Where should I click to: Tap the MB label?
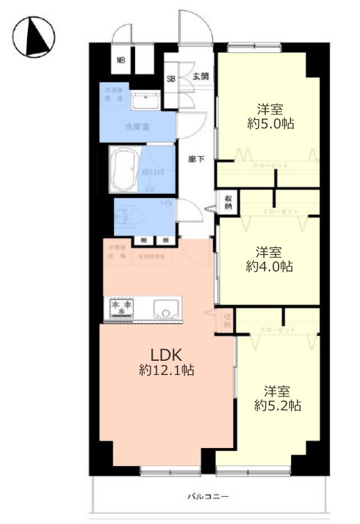(120, 61)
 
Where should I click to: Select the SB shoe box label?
(171, 79)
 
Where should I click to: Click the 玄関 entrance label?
(201, 77)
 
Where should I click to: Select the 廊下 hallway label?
(196, 159)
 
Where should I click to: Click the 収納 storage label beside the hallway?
(228, 202)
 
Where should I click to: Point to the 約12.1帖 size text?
(166, 371)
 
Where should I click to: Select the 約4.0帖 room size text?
(269, 266)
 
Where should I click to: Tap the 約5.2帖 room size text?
(277, 406)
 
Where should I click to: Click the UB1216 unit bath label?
(153, 171)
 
